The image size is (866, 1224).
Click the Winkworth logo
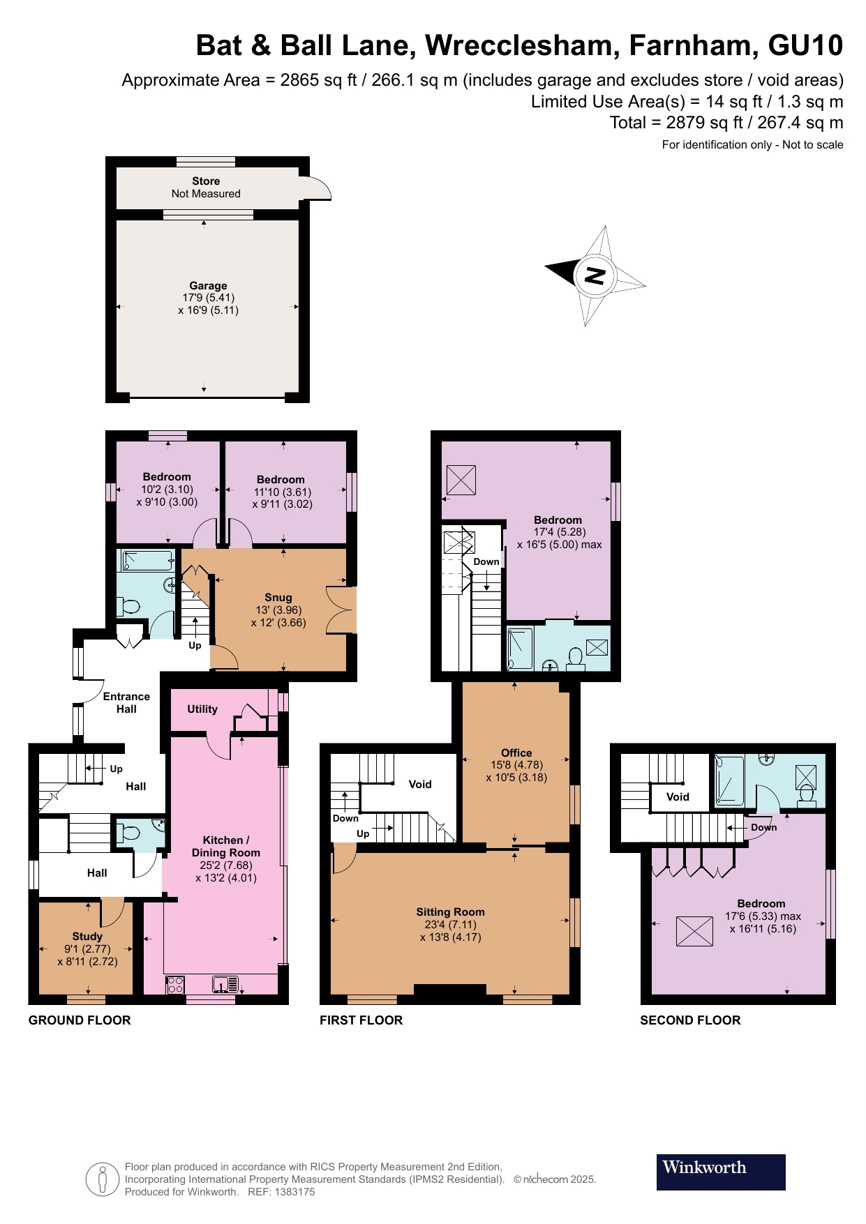pyautogui.click(x=720, y=1172)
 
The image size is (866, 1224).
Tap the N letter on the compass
pyautogui.click(x=595, y=275)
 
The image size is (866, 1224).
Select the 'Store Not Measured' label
pyautogui.click(x=206, y=187)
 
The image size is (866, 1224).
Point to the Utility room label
pyautogui.click(x=202, y=709)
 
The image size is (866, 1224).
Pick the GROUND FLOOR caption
pyautogui.click(x=80, y=1020)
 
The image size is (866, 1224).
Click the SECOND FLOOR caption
pyautogui.click(x=690, y=1020)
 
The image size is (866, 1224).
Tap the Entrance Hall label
pyautogui.click(x=126, y=702)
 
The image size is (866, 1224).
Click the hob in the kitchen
pyautogui.click(x=175, y=985)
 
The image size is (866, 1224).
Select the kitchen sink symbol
pyautogui.click(x=225, y=985)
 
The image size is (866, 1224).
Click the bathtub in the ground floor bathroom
pyautogui.click(x=147, y=561)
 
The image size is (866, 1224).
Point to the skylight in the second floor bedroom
pyautogui.click(x=694, y=931)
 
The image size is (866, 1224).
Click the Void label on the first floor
pyautogui.click(x=419, y=785)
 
